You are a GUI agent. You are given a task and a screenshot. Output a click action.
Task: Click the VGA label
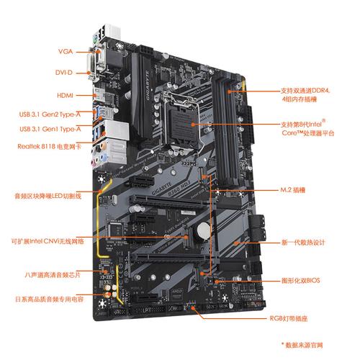[66, 51]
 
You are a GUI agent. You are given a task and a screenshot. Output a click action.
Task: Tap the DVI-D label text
[64, 72]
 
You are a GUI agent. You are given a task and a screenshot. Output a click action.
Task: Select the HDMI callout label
[65, 95]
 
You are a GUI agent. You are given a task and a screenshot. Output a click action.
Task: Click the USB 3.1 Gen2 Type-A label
[50, 114]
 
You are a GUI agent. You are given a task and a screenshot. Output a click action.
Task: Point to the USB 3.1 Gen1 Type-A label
[50, 129]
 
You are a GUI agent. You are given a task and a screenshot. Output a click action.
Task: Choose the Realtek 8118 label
[49, 146]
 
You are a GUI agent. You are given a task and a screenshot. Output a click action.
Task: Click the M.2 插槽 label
[293, 190]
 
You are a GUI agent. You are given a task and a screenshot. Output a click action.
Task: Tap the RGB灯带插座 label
[289, 318]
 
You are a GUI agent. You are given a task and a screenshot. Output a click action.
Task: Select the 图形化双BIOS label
[301, 280]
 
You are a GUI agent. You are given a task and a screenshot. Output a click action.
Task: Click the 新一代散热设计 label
[303, 243]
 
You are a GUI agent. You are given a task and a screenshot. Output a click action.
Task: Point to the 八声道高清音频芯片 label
[53, 275]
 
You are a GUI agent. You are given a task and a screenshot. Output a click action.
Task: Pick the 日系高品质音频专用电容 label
[49, 299]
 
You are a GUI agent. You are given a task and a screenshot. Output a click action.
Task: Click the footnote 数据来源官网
[304, 345]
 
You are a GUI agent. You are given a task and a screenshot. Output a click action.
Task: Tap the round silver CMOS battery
[204, 230]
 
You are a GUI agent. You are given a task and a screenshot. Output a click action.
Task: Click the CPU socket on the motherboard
[183, 120]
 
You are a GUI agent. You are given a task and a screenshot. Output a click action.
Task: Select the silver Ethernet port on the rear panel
[117, 130]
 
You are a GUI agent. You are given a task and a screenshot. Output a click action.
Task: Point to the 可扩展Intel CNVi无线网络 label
[48, 241]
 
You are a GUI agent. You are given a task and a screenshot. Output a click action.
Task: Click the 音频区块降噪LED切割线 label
[48, 196]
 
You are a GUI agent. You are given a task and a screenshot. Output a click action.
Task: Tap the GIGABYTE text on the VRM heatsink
[148, 86]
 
